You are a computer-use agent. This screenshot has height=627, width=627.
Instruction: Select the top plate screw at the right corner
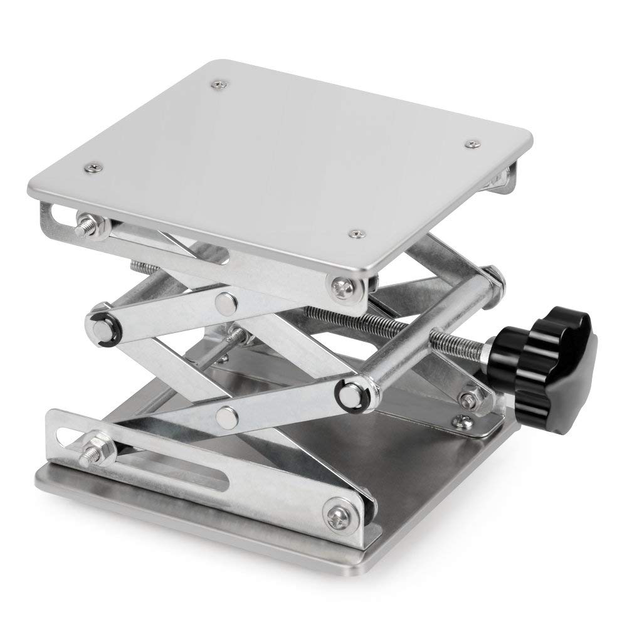click(x=470, y=144)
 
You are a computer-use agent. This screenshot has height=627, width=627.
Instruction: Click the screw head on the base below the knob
click(x=464, y=421)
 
